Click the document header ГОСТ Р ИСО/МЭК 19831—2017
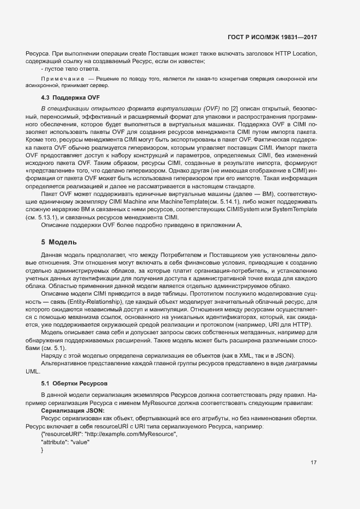pos(271,38)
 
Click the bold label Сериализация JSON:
pos(72,409)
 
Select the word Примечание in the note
pos(60,79)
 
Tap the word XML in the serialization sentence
pos(243,354)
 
